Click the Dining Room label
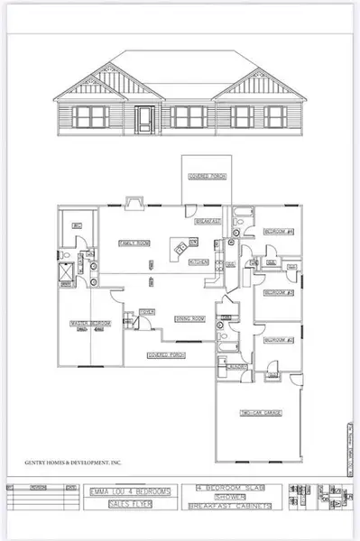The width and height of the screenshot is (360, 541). (190, 318)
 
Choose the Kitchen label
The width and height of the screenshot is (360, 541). (199, 262)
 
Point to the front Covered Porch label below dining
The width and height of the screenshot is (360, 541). (166, 355)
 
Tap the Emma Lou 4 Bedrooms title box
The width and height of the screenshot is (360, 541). (129, 491)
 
